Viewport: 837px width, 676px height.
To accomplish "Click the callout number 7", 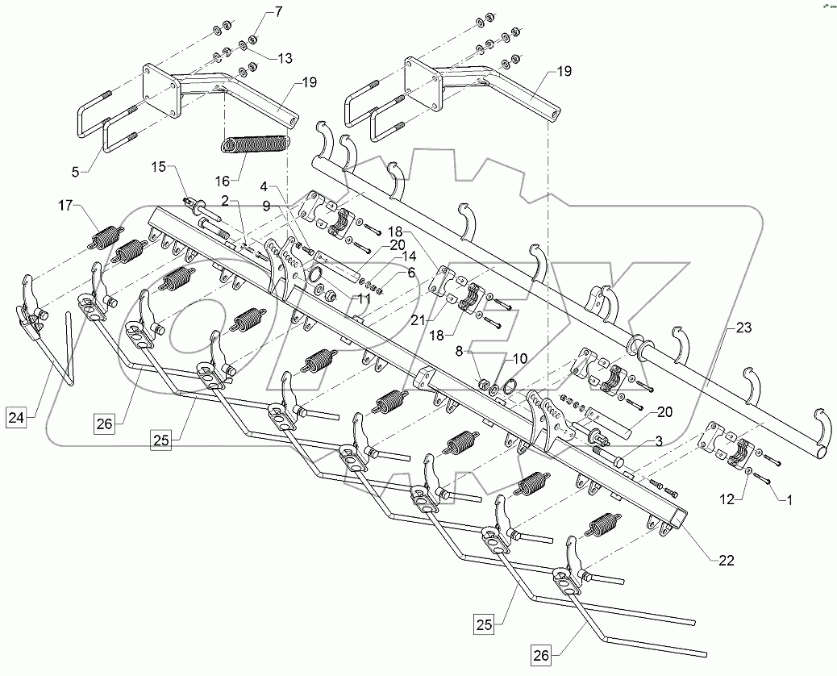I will point(256,11).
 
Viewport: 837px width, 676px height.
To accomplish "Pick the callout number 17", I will point(65,207).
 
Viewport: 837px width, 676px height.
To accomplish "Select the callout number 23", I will point(743,328).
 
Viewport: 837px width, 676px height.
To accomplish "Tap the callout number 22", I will point(727,561).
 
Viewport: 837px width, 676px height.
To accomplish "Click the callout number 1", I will point(790,499).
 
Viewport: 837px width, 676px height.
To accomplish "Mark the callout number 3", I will point(658,442).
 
